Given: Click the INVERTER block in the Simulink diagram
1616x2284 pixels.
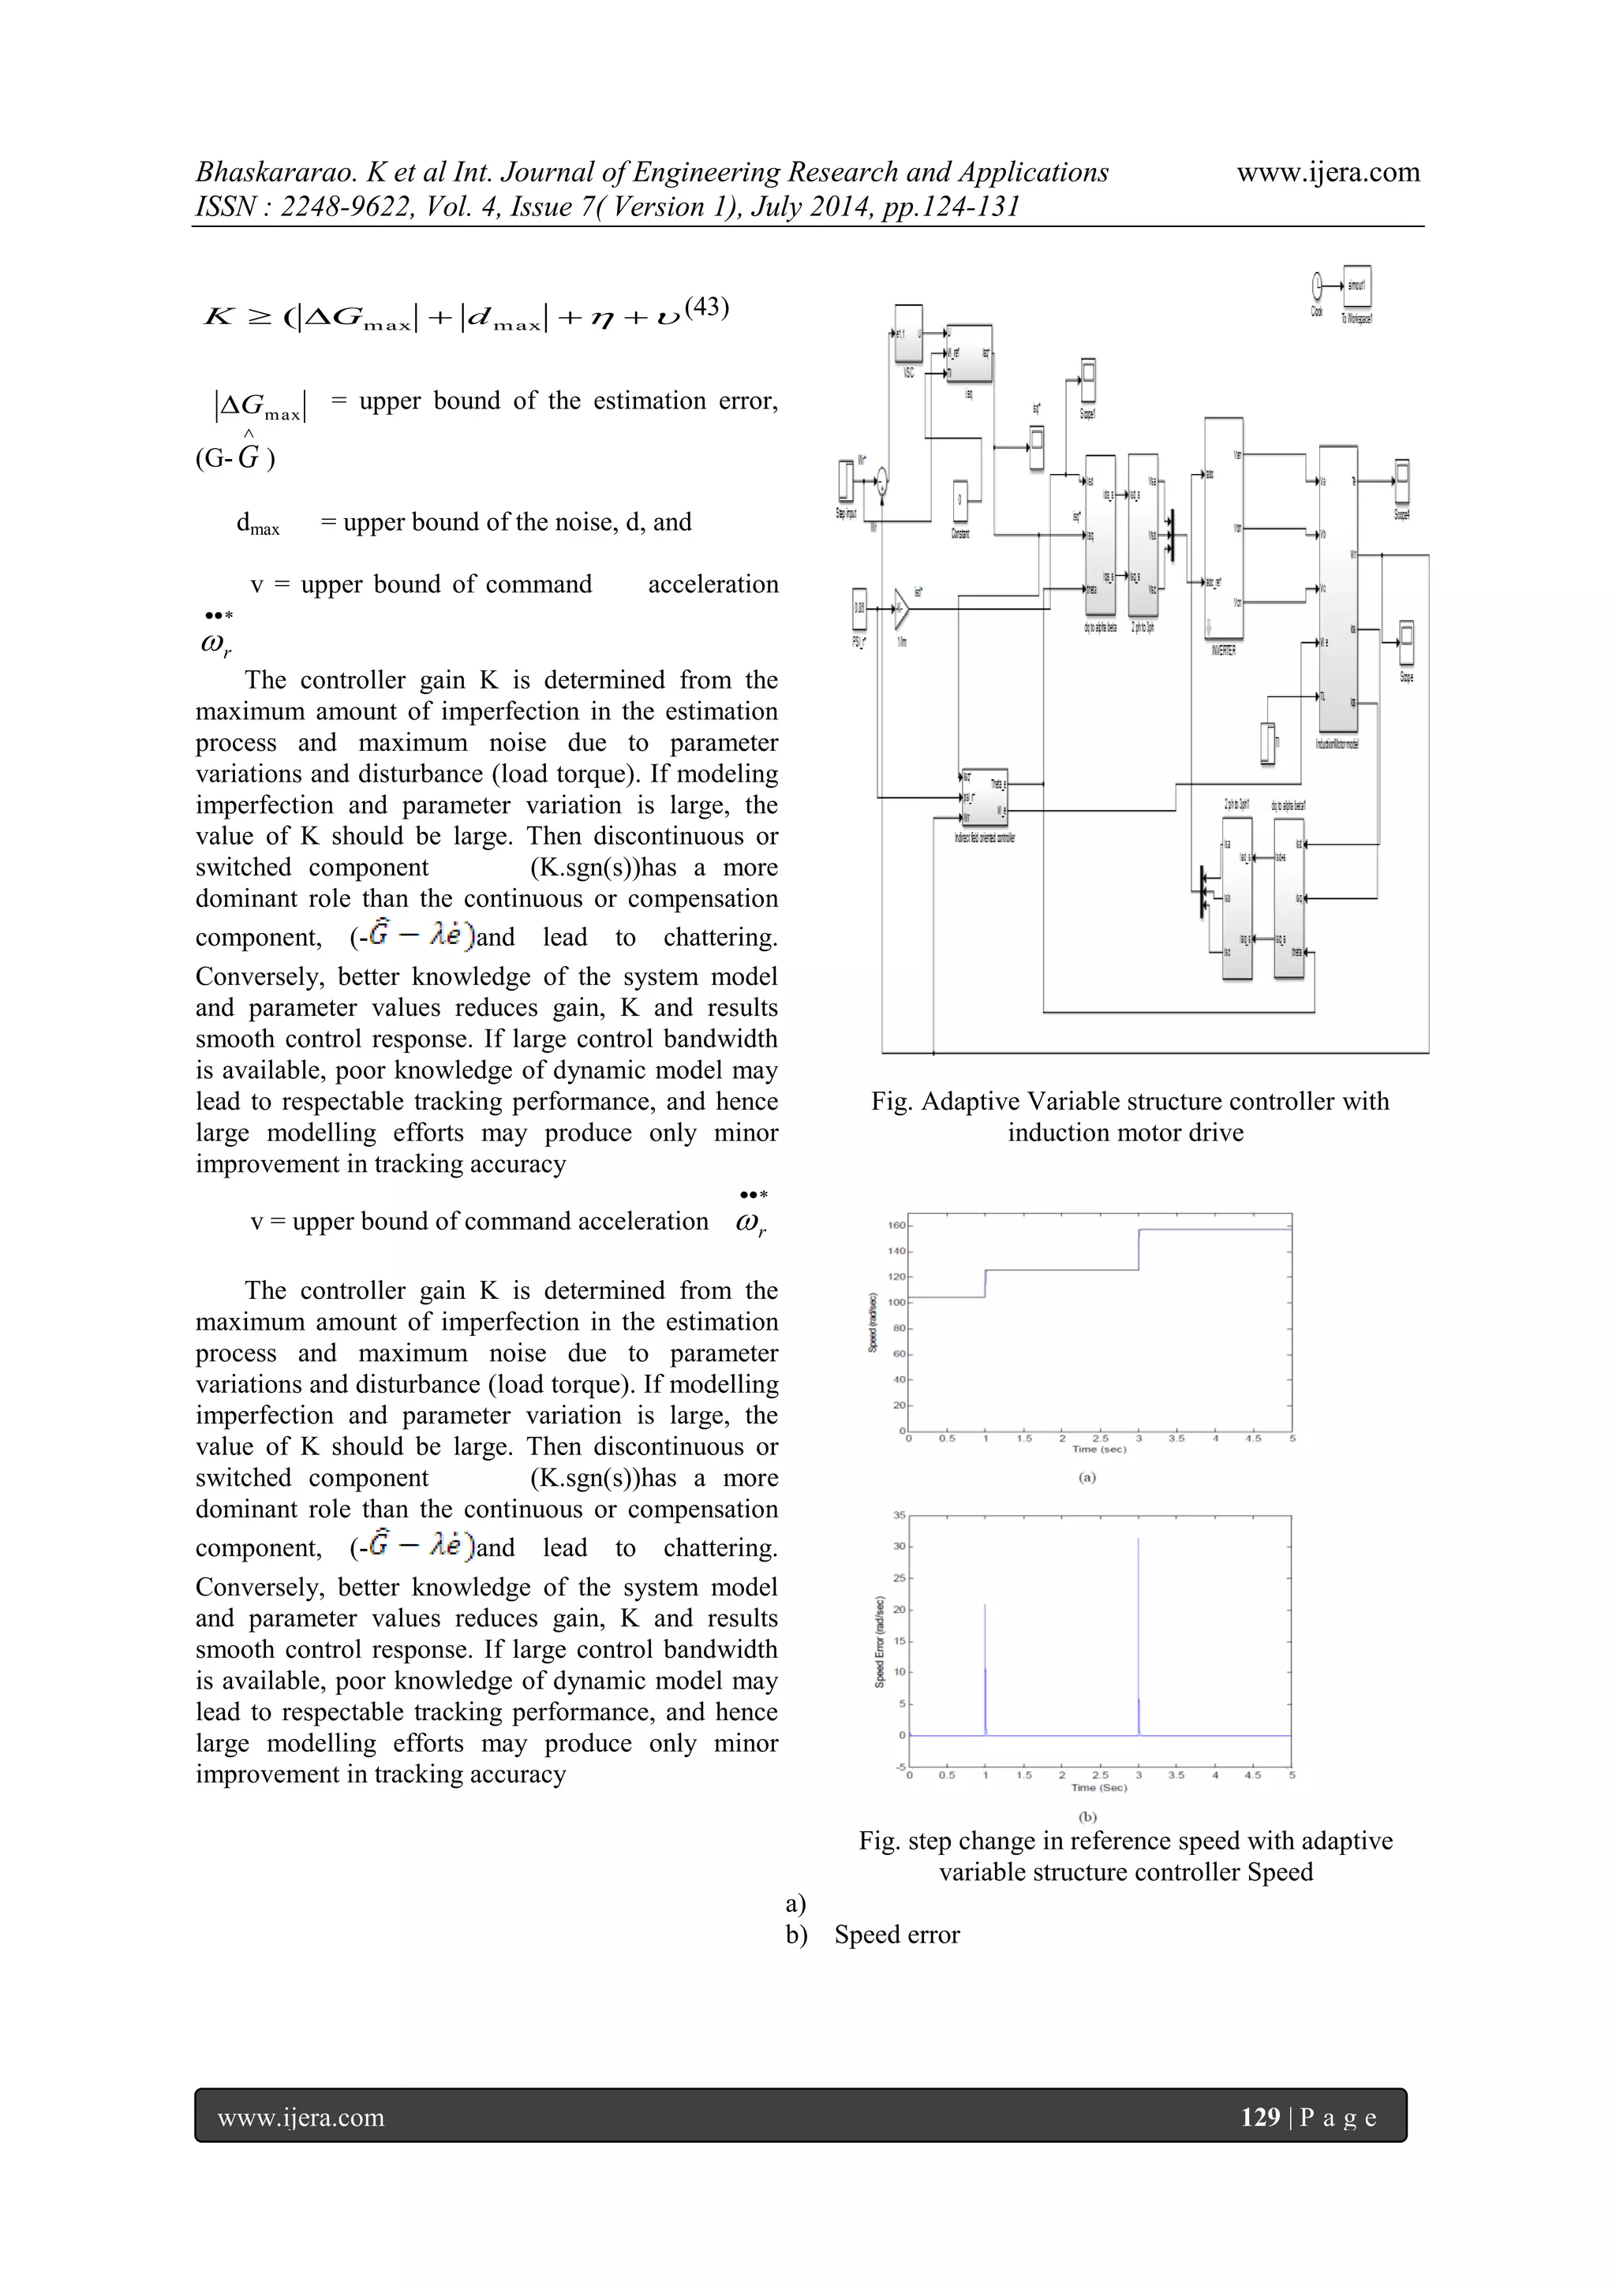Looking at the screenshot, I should click(1223, 532).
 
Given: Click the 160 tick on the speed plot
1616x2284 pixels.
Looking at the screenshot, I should click(896, 1226).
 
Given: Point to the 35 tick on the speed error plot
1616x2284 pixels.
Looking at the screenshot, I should click(899, 1515).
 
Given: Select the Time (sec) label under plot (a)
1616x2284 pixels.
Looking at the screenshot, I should click(1098, 1450).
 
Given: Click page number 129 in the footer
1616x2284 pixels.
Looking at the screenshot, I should click(1260, 2117).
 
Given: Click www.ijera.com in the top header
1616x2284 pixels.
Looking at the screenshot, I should click(1327, 172).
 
